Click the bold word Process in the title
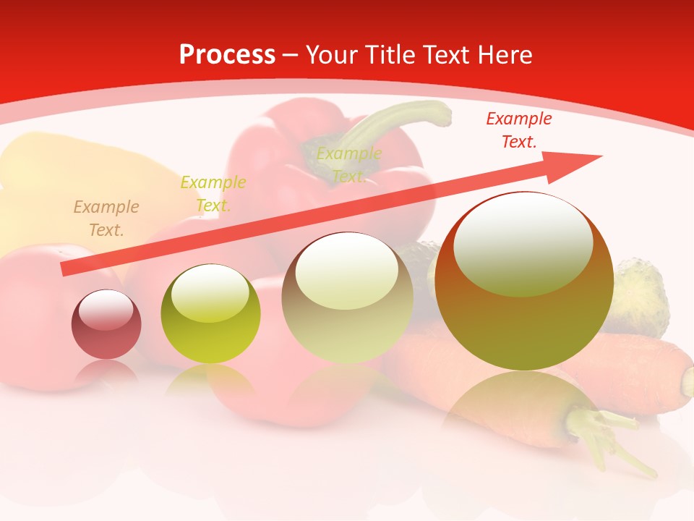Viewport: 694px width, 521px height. click(227, 55)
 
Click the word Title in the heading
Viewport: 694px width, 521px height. click(390, 55)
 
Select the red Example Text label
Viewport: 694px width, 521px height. click(518, 130)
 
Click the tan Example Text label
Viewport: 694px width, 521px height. click(106, 219)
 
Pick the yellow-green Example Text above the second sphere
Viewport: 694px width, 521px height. click(213, 194)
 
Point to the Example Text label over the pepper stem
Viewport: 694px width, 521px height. click(348, 165)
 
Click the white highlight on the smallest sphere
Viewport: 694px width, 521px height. click(106, 310)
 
